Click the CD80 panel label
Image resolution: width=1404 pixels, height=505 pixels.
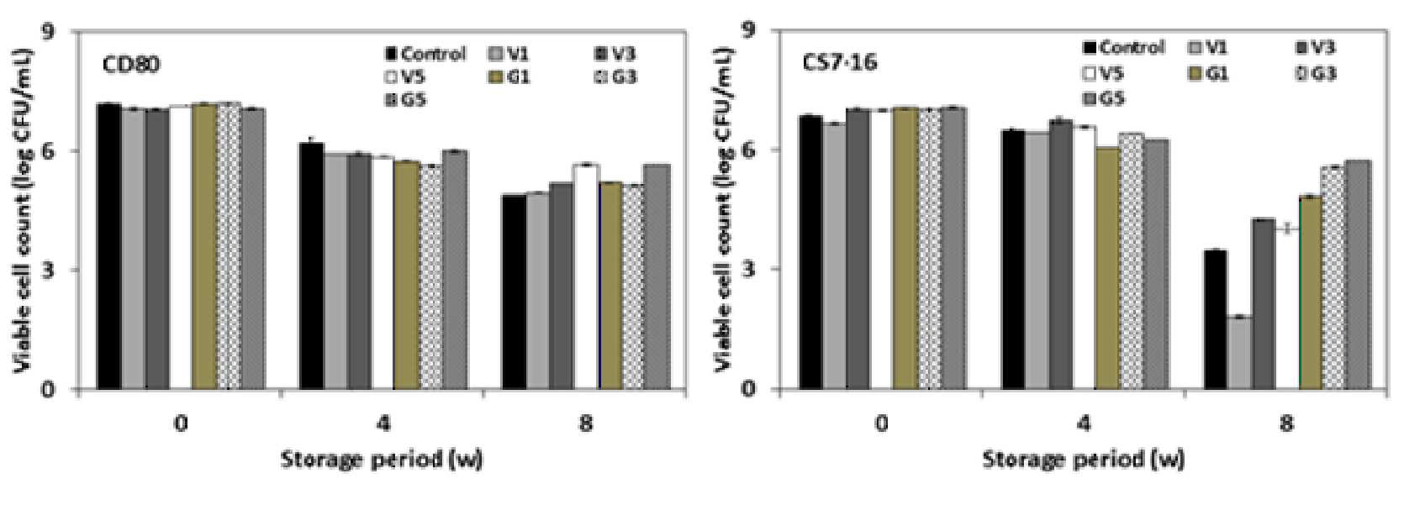pyautogui.click(x=132, y=65)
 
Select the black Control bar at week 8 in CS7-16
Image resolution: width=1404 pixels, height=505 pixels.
pyautogui.click(x=1216, y=319)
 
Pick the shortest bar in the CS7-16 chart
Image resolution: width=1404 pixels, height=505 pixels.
pyautogui.click(x=1239, y=353)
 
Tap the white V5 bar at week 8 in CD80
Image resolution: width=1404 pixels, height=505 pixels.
pyautogui.click(x=588, y=277)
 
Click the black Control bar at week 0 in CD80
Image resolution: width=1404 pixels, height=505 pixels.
pyautogui.click(x=108, y=246)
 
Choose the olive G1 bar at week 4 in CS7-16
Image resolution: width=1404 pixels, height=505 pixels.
pyautogui.click(x=1107, y=269)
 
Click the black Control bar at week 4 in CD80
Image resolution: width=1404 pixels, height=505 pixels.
pyautogui.click(x=312, y=266)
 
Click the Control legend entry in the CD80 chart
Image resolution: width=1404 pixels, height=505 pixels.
pyautogui.click(x=425, y=55)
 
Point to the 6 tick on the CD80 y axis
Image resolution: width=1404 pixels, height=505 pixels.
pyautogui.click(x=64, y=150)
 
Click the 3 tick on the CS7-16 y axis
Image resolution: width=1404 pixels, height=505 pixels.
pyautogui.click(x=765, y=269)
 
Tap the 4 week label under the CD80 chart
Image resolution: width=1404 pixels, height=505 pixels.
pyautogui.click(x=383, y=424)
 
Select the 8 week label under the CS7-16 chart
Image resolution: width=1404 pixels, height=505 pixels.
pyautogui.click(x=1286, y=424)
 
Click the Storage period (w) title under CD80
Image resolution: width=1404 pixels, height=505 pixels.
pyautogui.click(x=382, y=460)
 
